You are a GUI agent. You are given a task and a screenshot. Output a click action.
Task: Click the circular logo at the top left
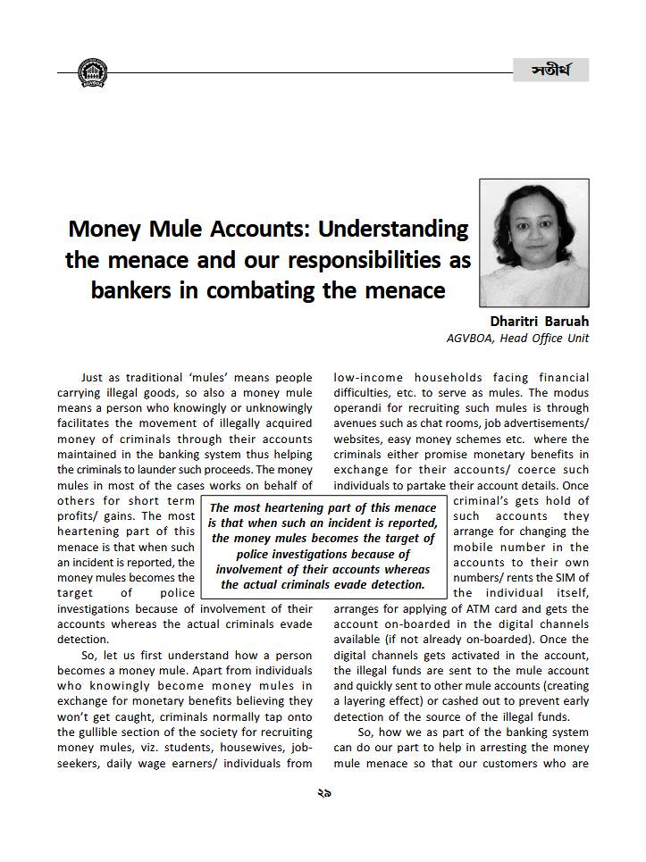point(92,71)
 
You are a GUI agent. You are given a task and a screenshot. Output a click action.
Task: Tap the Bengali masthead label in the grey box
point(550,70)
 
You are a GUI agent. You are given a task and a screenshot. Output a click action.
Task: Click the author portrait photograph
point(533,242)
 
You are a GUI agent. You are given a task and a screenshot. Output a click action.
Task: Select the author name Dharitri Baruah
point(539,321)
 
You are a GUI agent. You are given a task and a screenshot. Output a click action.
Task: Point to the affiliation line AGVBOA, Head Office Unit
point(517,338)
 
